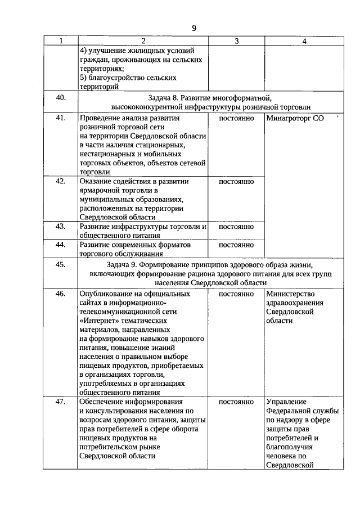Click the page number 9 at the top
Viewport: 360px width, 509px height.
[193, 28]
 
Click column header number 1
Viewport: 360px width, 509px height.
[61, 41]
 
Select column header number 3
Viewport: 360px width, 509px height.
[236, 41]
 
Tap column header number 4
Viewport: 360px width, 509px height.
[304, 41]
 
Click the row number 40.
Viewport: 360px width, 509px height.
[61, 97]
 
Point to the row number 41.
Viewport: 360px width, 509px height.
[61, 118]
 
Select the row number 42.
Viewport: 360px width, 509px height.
[61, 181]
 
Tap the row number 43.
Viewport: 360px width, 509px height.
[61, 227]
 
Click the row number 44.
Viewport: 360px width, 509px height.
[61, 245]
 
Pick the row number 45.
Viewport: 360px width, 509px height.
[61, 265]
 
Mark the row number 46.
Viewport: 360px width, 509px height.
[61, 294]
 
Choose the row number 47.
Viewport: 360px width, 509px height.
[61, 402]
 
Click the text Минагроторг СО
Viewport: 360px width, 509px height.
[295, 119]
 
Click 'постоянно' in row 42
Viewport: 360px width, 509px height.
[236, 182]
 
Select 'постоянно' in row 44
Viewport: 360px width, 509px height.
[236, 245]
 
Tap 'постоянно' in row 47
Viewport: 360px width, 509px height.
[236, 402]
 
